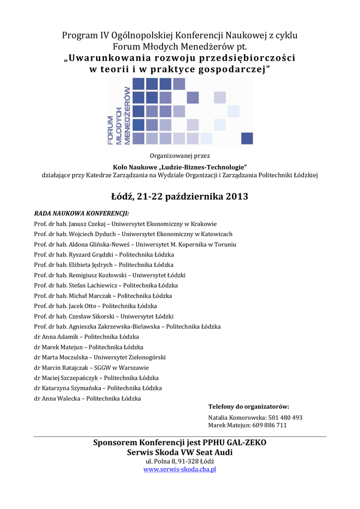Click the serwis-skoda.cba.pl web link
(180, 469)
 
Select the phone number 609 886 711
(269, 425)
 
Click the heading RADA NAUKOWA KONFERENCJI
(82, 213)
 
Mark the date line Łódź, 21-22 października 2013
(180, 196)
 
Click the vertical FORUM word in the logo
(111, 130)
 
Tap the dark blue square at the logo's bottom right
(247, 138)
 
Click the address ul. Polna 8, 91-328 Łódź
(180, 461)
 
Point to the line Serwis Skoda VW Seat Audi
(180, 452)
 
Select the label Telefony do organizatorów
(249, 407)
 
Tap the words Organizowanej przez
(180, 156)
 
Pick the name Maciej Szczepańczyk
(67, 378)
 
